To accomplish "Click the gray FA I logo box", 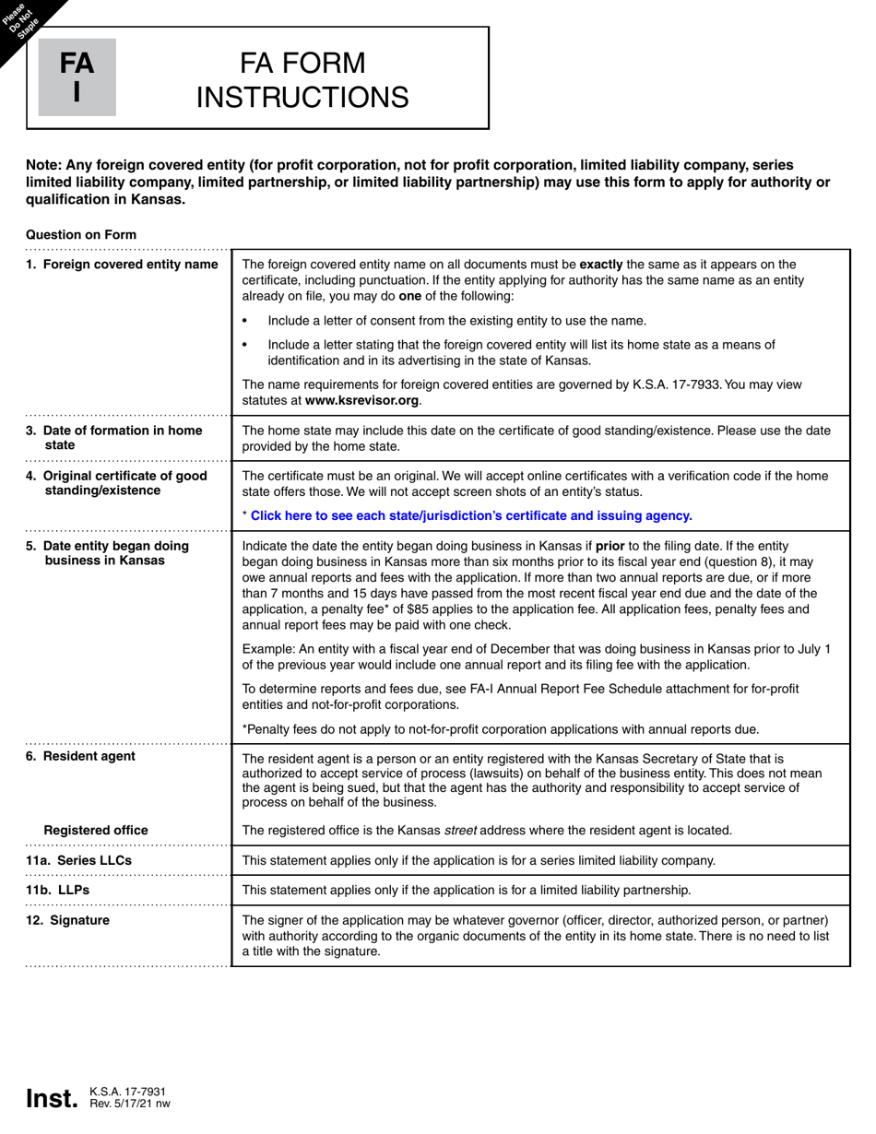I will click(77, 77).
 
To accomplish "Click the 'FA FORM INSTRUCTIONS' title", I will click(302, 79).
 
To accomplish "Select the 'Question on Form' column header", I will click(81, 234).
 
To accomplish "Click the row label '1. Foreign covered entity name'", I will click(122, 265).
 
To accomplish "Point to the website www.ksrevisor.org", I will click(361, 400).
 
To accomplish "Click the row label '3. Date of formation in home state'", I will click(114, 438).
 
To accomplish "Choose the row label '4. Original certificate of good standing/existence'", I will click(117, 483).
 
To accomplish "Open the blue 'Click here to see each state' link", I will click(470, 515).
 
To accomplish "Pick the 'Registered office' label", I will click(96, 830).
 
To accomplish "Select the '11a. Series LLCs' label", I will click(79, 860).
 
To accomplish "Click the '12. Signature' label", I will click(68, 920).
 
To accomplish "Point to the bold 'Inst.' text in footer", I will click(52, 1099).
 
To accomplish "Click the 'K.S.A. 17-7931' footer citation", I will click(127, 1092).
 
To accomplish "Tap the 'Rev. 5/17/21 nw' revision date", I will click(130, 1104).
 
